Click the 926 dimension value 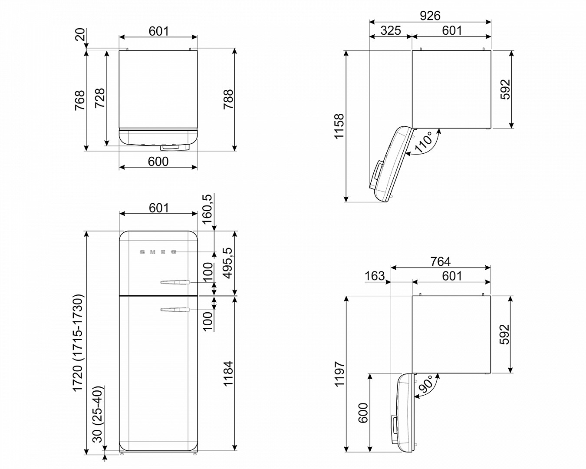click(430, 16)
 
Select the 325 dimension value click(391, 30)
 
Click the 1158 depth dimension click(339, 126)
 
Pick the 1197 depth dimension click(339, 374)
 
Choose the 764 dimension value click(440, 261)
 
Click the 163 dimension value click(375, 276)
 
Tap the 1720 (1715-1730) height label click(78, 343)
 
